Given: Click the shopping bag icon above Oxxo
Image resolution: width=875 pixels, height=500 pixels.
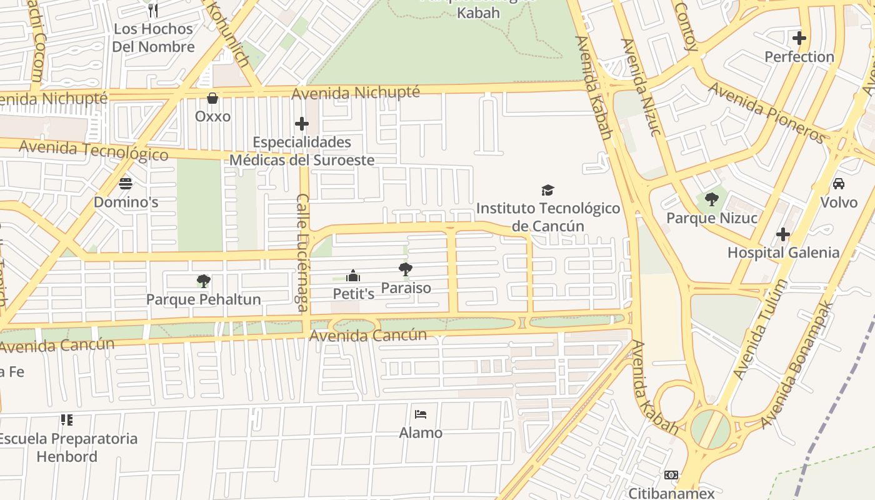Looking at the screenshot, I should tap(212, 98).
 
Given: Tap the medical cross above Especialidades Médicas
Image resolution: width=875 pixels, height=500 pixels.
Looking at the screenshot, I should tap(302, 124).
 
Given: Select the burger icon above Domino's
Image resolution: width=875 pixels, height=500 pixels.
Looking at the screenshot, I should tap(126, 184).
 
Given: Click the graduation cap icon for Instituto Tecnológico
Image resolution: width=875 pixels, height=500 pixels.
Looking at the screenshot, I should tap(547, 190).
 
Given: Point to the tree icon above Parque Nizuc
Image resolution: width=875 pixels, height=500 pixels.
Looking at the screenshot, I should tap(711, 200).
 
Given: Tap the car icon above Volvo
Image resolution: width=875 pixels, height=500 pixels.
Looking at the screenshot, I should tap(838, 184).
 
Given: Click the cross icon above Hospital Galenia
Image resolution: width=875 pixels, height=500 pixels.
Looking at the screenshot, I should tap(782, 234).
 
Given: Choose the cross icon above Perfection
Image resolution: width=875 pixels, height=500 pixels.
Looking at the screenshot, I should tap(799, 38).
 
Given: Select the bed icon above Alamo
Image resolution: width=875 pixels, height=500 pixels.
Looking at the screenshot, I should tap(421, 414).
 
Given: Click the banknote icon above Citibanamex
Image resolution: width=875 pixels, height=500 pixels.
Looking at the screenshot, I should tap(671, 475).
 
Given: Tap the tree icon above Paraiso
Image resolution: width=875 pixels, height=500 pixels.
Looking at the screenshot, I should tap(406, 269).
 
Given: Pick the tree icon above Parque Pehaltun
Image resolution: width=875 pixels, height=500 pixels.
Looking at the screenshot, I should tap(203, 281).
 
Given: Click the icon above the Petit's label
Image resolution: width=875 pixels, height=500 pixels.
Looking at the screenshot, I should tap(353, 276).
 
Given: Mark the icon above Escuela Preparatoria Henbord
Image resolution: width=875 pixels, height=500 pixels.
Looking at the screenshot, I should tap(67, 420).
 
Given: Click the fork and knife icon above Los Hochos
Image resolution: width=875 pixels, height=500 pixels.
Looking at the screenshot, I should tap(153, 10).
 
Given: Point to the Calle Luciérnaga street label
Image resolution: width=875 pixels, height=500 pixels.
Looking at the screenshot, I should tap(302, 252).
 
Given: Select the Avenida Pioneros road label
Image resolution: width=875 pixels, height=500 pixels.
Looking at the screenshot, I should tap(767, 112).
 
